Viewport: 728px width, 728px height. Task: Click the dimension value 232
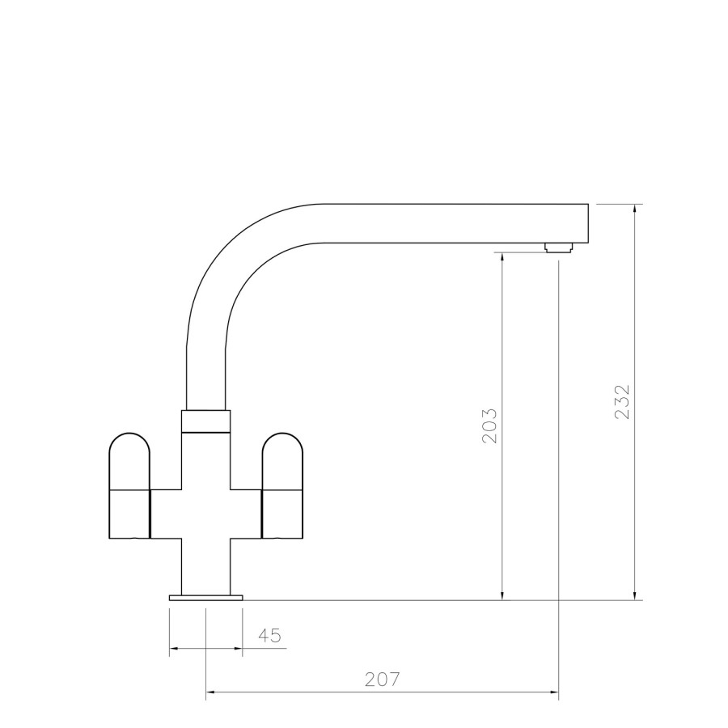click(622, 400)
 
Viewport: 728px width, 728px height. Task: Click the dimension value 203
click(489, 425)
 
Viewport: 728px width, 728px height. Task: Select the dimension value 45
click(270, 636)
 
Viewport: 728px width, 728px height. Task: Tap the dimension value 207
click(383, 679)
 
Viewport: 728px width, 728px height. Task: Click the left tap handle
click(129, 485)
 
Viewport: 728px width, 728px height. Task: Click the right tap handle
click(282, 485)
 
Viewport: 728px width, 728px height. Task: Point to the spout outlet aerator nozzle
click(558, 248)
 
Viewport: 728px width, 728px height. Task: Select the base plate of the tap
click(205, 598)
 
